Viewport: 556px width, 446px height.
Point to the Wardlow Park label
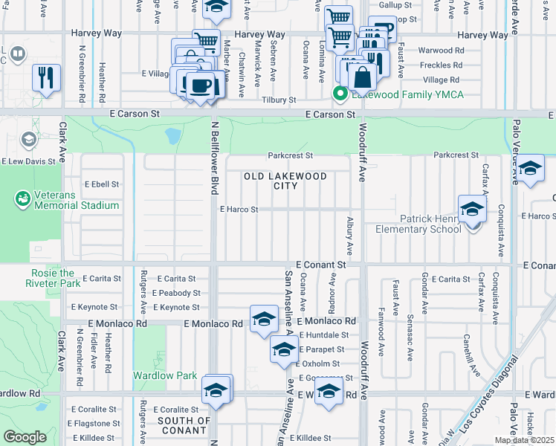click(x=165, y=375)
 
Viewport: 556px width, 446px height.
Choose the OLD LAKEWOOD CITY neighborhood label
click(x=285, y=181)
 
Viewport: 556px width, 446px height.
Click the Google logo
click(x=25, y=437)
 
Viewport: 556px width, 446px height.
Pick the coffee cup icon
click(x=201, y=85)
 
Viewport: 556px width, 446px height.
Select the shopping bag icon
click(x=362, y=77)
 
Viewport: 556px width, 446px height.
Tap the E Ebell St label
click(x=102, y=184)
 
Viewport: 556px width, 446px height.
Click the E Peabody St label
click(x=176, y=294)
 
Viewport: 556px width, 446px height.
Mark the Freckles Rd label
click(x=441, y=65)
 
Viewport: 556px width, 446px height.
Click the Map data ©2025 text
click(x=524, y=440)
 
